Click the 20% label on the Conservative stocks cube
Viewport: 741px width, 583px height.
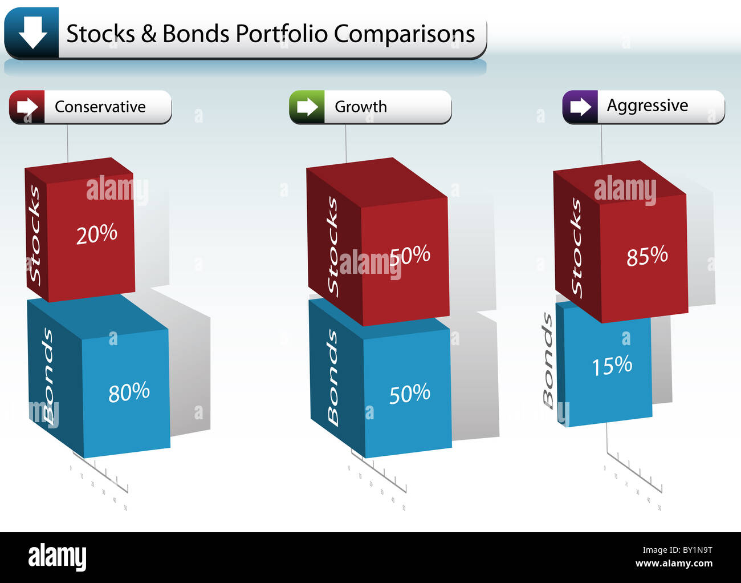(x=96, y=234)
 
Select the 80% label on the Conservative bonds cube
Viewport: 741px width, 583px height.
(x=129, y=392)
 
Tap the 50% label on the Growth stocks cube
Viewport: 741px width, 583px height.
(x=410, y=256)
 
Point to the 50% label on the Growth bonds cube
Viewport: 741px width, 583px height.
(x=409, y=394)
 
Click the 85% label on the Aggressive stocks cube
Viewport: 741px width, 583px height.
(x=647, y=256)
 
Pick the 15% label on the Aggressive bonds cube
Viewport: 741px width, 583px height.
(x=612, y=366)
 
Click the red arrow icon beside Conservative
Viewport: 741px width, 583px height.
(x=27, y=107)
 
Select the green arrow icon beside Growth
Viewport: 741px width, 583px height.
(x=307, y=107)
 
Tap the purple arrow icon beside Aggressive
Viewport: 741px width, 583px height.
(x=580, y=107)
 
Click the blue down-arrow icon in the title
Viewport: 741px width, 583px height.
(x=32, y=33)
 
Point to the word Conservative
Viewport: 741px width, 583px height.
(x=100, y=107)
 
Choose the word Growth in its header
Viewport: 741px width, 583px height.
(x=360, y=107)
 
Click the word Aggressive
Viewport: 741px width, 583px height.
(x=647, y=106)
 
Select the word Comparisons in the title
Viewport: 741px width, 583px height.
(x=404, y=34)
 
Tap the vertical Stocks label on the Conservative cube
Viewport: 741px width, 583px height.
(x=35, y=234)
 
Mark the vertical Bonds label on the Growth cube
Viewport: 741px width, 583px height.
(x=333, y=377)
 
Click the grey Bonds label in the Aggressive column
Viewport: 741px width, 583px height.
(x=548, y=361)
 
